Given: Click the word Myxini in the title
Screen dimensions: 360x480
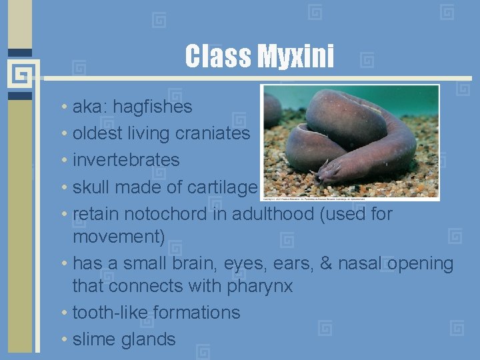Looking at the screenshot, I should point(295,57).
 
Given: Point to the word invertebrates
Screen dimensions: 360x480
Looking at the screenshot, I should point(126,160).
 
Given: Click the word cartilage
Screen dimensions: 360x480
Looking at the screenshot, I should point(221,187).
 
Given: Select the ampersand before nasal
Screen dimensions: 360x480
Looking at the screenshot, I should point(326,263).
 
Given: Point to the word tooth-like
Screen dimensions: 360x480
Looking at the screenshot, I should point(110,313).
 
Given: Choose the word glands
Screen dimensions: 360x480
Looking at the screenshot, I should point(149,339).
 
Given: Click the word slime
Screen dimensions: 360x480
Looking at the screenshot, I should point(94,339).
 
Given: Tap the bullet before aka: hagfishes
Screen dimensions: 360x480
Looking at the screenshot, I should point(62,107).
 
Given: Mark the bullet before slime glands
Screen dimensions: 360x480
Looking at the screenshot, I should point(62,340).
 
